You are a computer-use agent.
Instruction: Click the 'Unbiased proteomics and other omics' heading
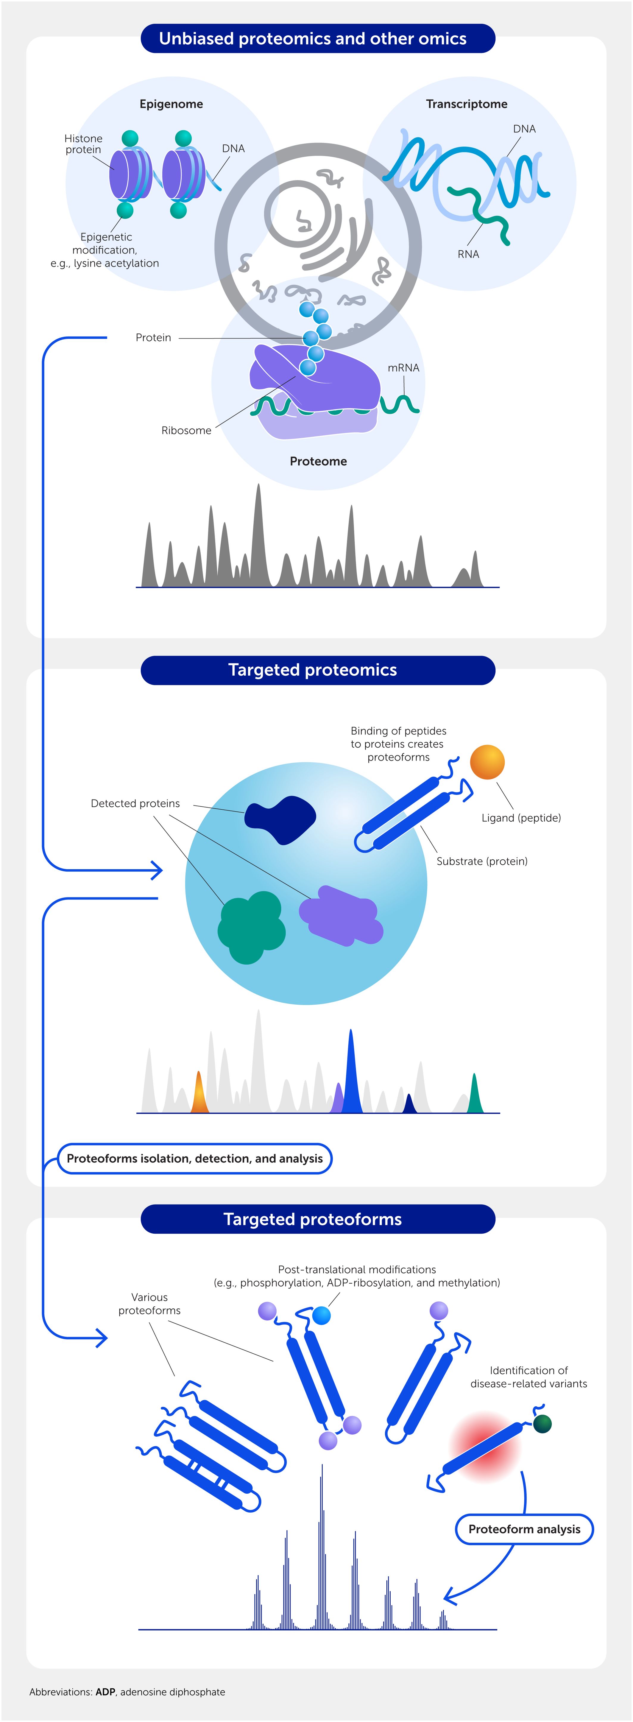tap(313, 39)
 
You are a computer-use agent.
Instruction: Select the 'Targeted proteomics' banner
tap(313, 670)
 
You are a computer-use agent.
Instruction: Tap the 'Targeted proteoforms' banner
tap(313, 1219)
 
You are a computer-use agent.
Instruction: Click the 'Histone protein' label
tap(84, 144)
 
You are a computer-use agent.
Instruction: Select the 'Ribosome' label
tap(186, 431)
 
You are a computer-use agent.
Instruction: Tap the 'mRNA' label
tap(403, 368)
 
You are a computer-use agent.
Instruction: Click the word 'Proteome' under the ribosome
tap(318, 461)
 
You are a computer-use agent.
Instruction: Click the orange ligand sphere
tap(487, 762)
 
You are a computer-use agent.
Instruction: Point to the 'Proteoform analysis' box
tap(524, 1529)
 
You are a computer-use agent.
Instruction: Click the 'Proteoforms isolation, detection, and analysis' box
tap(194, 1159)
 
